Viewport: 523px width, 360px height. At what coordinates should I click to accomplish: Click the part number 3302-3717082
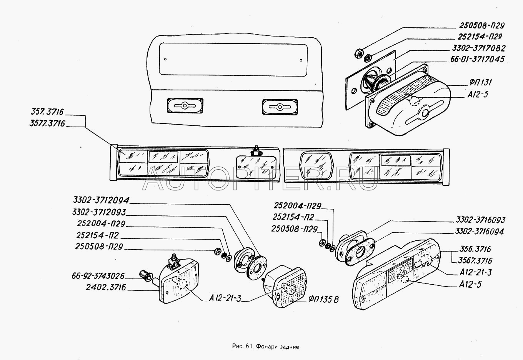[x=479, y=48]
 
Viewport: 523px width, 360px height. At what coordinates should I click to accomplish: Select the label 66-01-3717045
[x=477, y=59]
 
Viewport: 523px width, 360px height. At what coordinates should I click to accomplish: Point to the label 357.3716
[x=47, y=112]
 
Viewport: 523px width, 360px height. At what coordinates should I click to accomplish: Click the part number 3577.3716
[x=47, y=123]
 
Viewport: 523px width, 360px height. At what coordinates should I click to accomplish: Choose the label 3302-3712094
[x=101, y=200]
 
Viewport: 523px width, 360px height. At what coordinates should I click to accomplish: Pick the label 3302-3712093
[x=99, y=212]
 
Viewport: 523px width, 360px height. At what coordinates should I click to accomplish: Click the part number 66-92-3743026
[x=98, y=276]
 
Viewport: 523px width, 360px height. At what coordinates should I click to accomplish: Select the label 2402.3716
[x=106, y=287]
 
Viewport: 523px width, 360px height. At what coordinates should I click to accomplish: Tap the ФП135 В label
[x=323, y=300]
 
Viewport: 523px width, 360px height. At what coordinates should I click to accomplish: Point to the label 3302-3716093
[x=481, y=220]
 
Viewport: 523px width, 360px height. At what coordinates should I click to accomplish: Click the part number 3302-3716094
[x=479, y=232]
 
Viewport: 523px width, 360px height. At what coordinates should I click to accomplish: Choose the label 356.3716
[x=475, y=249]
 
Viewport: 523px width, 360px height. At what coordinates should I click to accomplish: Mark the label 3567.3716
[x=475, y=260]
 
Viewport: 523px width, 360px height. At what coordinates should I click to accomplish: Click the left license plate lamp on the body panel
[x=185, y=106]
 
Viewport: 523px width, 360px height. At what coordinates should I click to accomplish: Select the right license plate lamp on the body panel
[x=280, y=107]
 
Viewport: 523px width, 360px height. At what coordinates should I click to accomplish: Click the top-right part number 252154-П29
[x=480, y=37]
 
